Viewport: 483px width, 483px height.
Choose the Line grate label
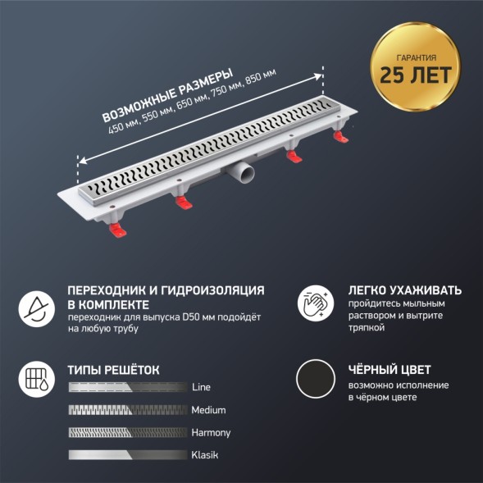pos(201,387)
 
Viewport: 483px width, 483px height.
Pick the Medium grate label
pos(208,410)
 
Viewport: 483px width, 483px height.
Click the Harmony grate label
pos(211,432)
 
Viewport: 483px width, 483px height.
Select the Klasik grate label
pos(206,454)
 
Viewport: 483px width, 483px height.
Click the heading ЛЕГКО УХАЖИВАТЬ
pos(404,290)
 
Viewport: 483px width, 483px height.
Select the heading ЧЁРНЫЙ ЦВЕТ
pos(389,370)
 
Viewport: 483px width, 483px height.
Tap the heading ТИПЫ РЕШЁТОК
pos(113,370)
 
